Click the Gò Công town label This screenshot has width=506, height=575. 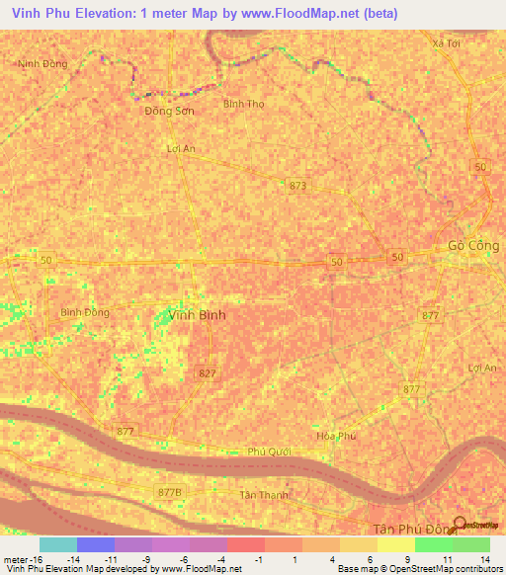pyautogui.click(x=470, y=245)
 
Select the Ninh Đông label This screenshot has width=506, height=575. pyautogui.click(x=42, y=63)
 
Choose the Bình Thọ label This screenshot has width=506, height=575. pyautogui.click(x=243, y=104)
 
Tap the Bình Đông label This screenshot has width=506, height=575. pyautogui.click(x=85, y=312)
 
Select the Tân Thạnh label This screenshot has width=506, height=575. pyautogui.click(x=262, y=495)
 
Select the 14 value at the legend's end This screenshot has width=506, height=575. pyautogui.click(x=485, y=558)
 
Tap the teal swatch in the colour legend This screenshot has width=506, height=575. pyautogui.click(x=57, y=544)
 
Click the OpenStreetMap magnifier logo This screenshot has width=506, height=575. pyautogui.click(x=460, y=524)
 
